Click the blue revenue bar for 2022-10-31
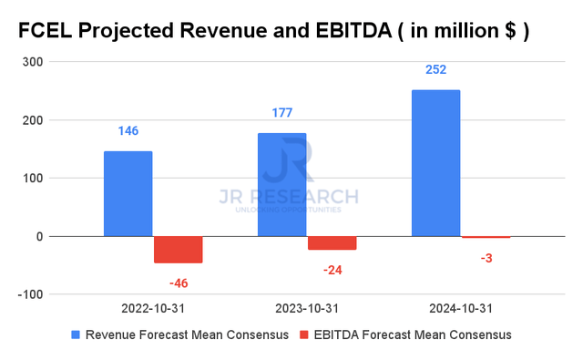click(x=128, y=193)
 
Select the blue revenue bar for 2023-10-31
click(x=281, y=185)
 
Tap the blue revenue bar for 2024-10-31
click(x=435, y=163)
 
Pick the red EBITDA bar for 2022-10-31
click(x=178, y=249)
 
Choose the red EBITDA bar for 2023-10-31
click(x=332, y=242)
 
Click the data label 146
click(x=128, y=131)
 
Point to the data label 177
click(x=281, y=113)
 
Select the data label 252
click(x=435, y=70)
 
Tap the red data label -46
click(x=178, y=283)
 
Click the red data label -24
click(x=332, y=271)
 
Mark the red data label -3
click(x=486, y=259)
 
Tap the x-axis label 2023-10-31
click(x=306, y=310)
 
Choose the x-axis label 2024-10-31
click(x=460, y=310)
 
